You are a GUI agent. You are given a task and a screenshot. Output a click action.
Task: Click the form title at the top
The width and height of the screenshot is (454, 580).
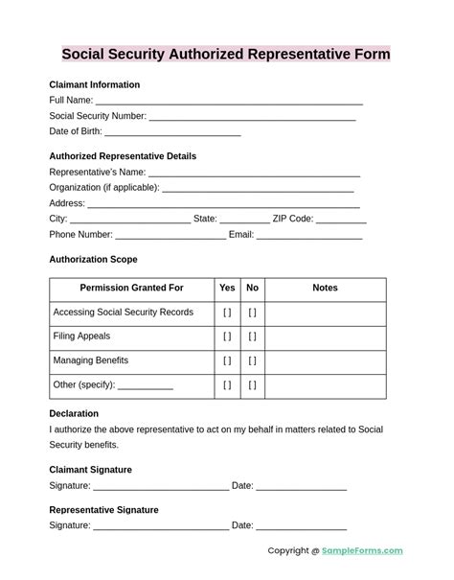tap(226, 54)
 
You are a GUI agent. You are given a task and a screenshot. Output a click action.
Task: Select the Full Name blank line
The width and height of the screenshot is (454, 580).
tap(229, 101)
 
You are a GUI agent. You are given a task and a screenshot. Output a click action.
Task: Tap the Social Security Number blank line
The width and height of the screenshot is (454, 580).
tap(252, 117)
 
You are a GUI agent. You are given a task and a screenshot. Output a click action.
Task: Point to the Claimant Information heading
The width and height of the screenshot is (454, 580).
tap(94, 84)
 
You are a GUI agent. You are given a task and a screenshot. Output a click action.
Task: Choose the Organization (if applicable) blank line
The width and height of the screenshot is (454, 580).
tap(261, 189)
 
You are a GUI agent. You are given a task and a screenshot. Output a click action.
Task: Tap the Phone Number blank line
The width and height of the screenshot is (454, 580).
tap(170, 236)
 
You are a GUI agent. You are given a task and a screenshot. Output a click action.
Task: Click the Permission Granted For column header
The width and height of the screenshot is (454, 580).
tap(131, 288)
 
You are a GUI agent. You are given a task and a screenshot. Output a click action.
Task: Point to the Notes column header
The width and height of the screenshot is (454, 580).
tap(325, 288)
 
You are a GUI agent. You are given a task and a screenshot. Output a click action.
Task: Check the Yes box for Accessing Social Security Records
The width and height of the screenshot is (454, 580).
tap(227, 313)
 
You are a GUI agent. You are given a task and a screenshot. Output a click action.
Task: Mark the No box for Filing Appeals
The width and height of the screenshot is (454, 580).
tap(253, 336)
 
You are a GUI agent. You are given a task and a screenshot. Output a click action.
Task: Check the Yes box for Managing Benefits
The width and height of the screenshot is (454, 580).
tap(227, 360)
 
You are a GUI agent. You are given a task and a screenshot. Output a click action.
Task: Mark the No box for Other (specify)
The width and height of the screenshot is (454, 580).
tap(253, 385)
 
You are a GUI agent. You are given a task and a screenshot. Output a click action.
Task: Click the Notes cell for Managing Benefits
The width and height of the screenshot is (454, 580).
tap(325, 360)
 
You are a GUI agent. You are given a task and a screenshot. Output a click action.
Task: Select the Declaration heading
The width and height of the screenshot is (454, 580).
tap(74, 414)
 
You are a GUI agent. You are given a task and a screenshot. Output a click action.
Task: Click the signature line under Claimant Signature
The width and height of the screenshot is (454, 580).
tap(161, 487)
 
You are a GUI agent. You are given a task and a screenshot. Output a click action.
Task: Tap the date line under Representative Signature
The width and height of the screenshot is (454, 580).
tap(301, 526)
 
